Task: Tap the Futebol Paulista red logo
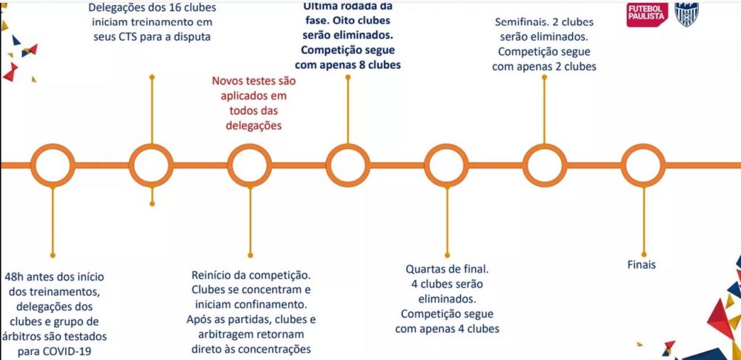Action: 647,13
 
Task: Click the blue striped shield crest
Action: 685,13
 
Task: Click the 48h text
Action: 16,277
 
